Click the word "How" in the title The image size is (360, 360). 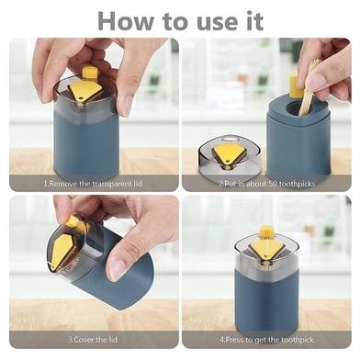click(x=126, y=20)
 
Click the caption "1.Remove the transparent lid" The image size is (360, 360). click(x=93, y=184)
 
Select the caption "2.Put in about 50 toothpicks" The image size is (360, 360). click(x=266, y=184)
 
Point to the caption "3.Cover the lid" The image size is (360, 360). click(x=93, y=340)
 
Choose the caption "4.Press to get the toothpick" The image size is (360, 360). click(x=266, y=340)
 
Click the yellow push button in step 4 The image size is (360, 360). click(x=266, y=232)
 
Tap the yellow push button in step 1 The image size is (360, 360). click(x=90, y=73)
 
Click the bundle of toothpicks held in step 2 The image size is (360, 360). click(x=309, y=88)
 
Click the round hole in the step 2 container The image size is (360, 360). click(x=294, y=110)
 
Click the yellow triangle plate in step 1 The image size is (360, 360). click(x=85, y=91)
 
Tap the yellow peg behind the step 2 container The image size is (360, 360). click(x=295, y=85)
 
